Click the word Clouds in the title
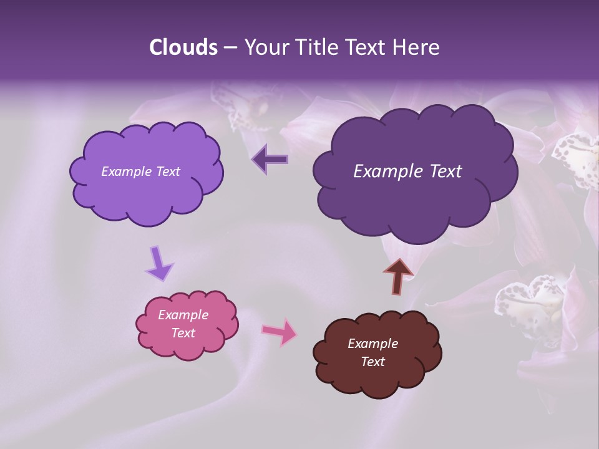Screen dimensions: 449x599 183,47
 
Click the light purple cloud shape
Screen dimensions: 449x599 147,193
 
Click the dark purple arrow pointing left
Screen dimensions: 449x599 270,160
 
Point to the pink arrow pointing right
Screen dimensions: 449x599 280,332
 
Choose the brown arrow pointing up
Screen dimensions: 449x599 397,275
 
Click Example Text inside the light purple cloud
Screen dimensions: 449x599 140,171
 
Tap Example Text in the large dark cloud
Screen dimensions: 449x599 407,171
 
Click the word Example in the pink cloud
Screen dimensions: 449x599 183,315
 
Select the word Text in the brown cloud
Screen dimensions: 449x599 373,362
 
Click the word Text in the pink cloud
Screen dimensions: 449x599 183,333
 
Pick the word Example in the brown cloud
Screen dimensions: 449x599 373,344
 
